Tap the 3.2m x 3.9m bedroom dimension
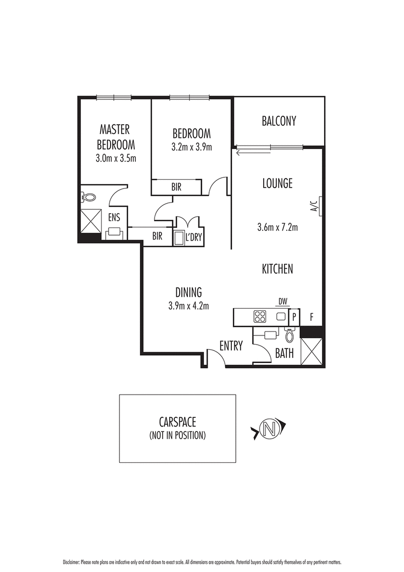[x=191, y=148]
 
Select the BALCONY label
[x=279, y=121]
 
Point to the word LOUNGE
[x=277, y=183]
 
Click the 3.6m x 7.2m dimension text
[x=277, y=227]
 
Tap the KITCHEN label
[x=277, y=269]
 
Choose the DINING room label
[x=189, y=292]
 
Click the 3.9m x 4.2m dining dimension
[x=189, y=305]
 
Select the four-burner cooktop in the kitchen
[x=260, y=317]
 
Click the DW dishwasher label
[x=283, y=302]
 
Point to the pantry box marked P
[x=294, y=317]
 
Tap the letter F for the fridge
[x=312, y=317]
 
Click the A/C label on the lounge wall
[x=313, y=207]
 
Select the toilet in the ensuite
[x=88, y=197]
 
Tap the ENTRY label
[x=231, y=346]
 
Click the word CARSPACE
[x=177, y=423]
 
